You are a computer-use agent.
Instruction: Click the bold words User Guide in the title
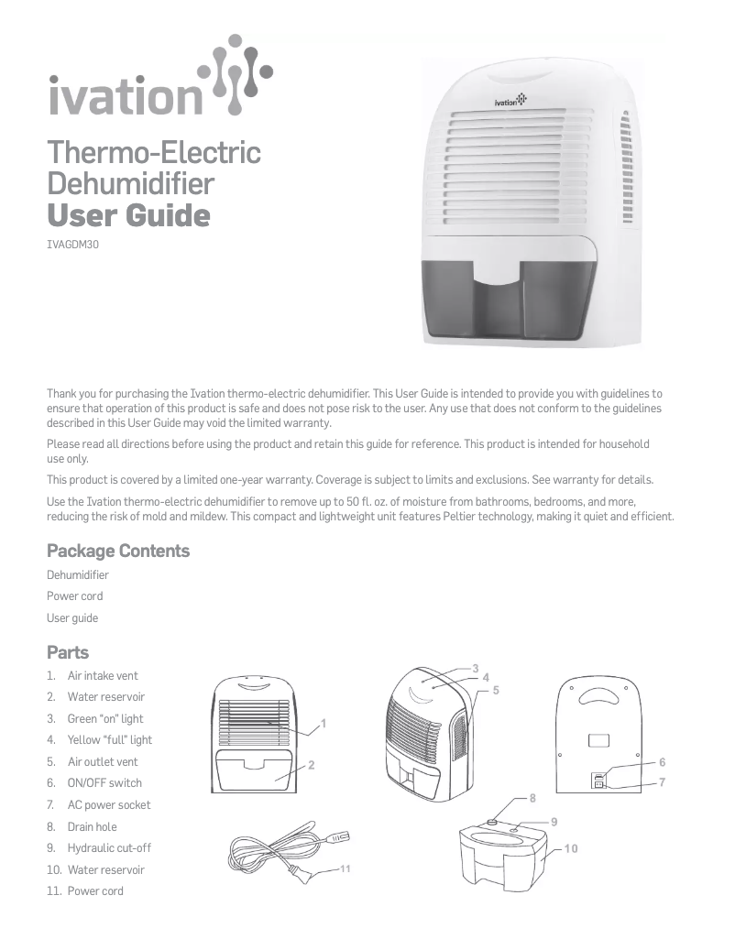point(128,217)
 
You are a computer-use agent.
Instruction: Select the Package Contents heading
point(118,551)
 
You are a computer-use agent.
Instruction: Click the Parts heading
point(68,652)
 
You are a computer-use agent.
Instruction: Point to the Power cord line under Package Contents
point(75,596)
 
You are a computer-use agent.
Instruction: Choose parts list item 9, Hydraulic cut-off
point(108,848)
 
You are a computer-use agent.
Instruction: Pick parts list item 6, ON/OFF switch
point(104,783)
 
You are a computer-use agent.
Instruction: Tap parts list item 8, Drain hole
point(92,826)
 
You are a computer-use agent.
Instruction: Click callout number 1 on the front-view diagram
point(324,724)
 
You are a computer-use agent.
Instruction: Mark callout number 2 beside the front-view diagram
point(312,764)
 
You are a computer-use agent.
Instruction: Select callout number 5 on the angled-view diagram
point(495,689)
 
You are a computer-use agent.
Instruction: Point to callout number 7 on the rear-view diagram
point(662,782)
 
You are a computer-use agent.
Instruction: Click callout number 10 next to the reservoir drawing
point(571,849)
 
